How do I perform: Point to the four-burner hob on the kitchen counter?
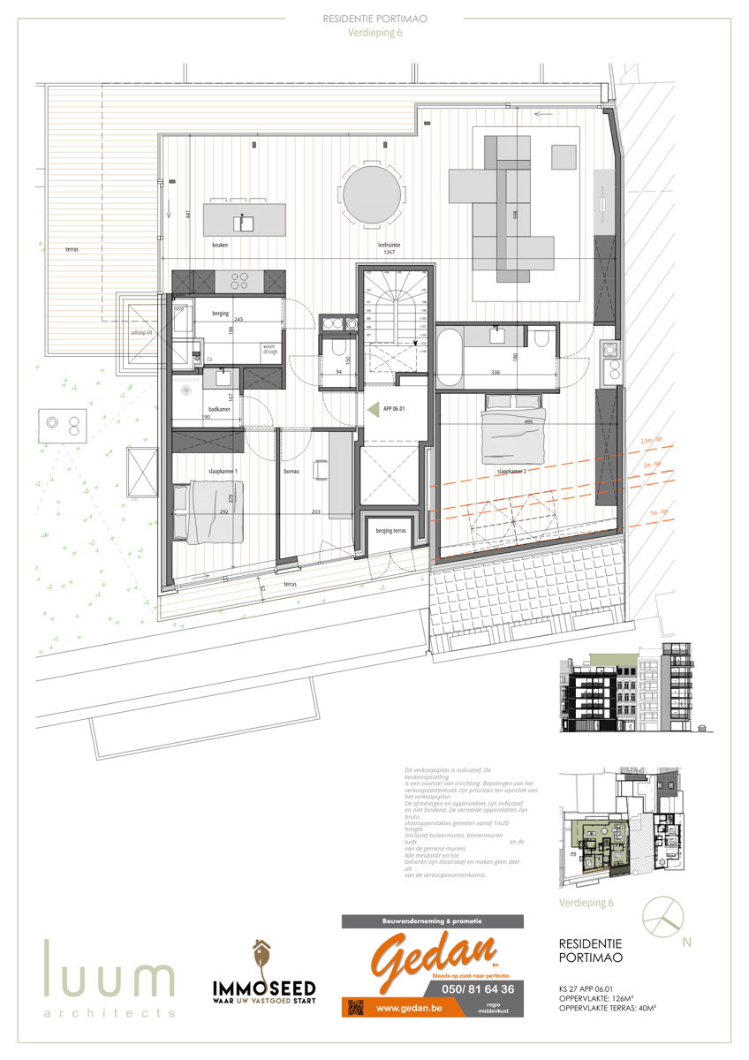239,282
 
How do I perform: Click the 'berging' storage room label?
221,313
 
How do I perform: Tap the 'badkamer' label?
219,409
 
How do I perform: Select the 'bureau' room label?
291,472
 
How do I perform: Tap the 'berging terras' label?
390,531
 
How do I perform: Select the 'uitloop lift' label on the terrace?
142,333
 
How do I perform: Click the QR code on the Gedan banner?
356,1007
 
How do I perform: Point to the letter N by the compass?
686,942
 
